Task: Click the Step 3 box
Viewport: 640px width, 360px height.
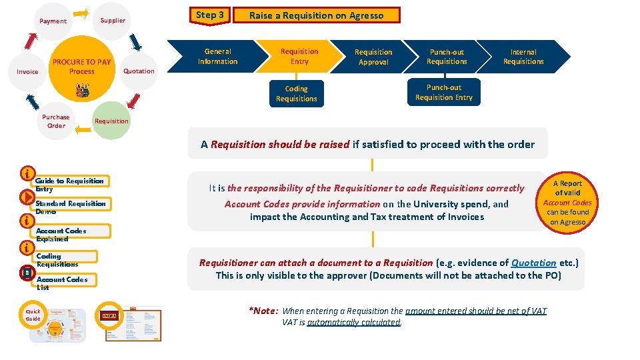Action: pyautogui.click(x=210, y=15)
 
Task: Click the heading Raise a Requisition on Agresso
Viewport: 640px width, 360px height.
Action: pyautogui.click(x=316, y=15)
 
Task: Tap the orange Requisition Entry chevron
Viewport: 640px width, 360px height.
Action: pyautogui.click(x=299, y=56)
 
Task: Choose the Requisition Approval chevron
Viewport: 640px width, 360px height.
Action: pyautogui.click(x=373, y=57)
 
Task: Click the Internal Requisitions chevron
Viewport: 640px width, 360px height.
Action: pyautogui.click(x=523, y=57)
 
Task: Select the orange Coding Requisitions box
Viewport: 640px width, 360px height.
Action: pyautogui.click(x=296, y=93)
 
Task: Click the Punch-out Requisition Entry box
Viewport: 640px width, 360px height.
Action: pyautogui.click(x=443, y=93)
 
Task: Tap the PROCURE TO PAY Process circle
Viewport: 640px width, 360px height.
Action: pyautogui.click(x=82, y=67)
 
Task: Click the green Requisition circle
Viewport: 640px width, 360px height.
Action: pyautogui.click(x=111, y=121)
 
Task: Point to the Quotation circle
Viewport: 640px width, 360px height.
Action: pyautogui.click(x=139, y=71)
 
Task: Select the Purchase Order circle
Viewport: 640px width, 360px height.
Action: pyautogui.click(x=56, y=121)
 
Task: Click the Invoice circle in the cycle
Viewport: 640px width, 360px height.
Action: pyautogui.click(x=28, y=71)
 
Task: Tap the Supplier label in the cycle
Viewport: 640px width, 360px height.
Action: pyautogui.click(x=113, y=20)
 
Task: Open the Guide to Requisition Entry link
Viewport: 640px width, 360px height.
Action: pyautogui.click(x=69, y=181)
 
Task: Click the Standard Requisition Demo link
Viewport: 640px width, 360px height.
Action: pyautogui.click(x=70, y=204)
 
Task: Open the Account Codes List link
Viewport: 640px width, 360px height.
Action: pyautogui.click(x=61, y=280)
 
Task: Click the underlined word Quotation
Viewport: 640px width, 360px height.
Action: pyautogui.click(x=533, y=263)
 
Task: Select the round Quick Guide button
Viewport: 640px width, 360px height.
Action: pyautogui.click(x=33, y=315)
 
